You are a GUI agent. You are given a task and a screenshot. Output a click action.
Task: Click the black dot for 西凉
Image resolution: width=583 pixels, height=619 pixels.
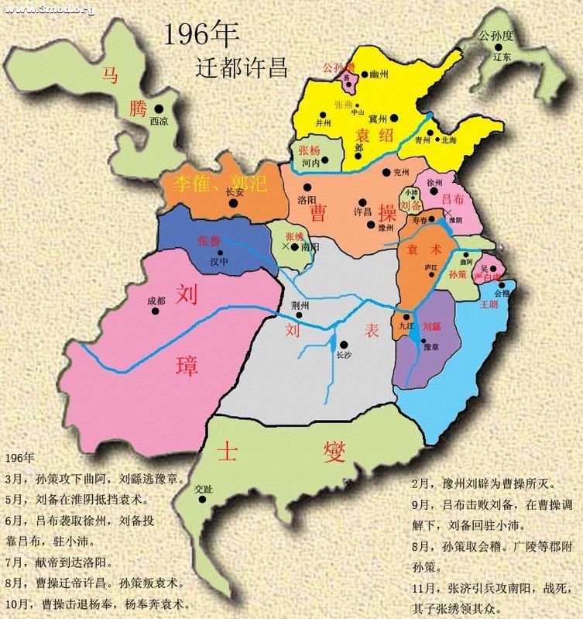159,109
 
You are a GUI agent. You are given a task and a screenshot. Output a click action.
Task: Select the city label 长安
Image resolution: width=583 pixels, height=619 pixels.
234,191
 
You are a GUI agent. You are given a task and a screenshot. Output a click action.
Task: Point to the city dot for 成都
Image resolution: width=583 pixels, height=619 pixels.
156,311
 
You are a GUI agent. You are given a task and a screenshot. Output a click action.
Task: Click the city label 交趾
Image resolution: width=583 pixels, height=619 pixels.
203,489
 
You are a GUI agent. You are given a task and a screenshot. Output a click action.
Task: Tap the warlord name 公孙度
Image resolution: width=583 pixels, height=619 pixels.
496,36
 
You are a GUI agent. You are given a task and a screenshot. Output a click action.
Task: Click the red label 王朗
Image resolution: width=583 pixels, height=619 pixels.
489,304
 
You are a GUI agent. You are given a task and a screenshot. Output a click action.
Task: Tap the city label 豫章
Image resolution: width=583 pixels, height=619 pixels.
421,347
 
